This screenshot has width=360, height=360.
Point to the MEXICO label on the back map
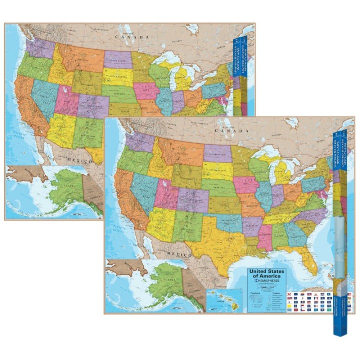coord(80,161)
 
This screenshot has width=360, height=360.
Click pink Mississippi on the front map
coord(264,238)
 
